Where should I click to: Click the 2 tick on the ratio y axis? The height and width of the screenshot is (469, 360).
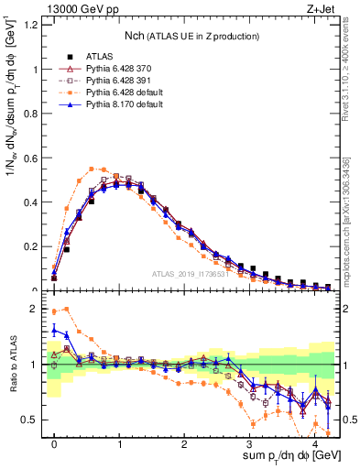point(35,309)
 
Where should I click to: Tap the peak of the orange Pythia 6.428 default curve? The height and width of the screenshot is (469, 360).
point(93,169)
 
